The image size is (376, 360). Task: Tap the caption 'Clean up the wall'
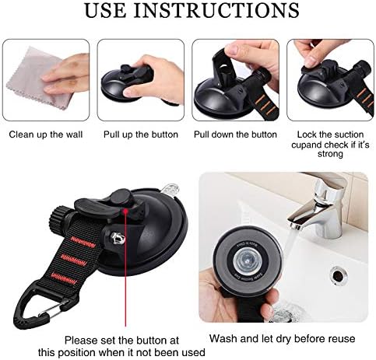46,134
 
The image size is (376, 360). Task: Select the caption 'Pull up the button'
141,134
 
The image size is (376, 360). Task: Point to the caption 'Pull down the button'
235,134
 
